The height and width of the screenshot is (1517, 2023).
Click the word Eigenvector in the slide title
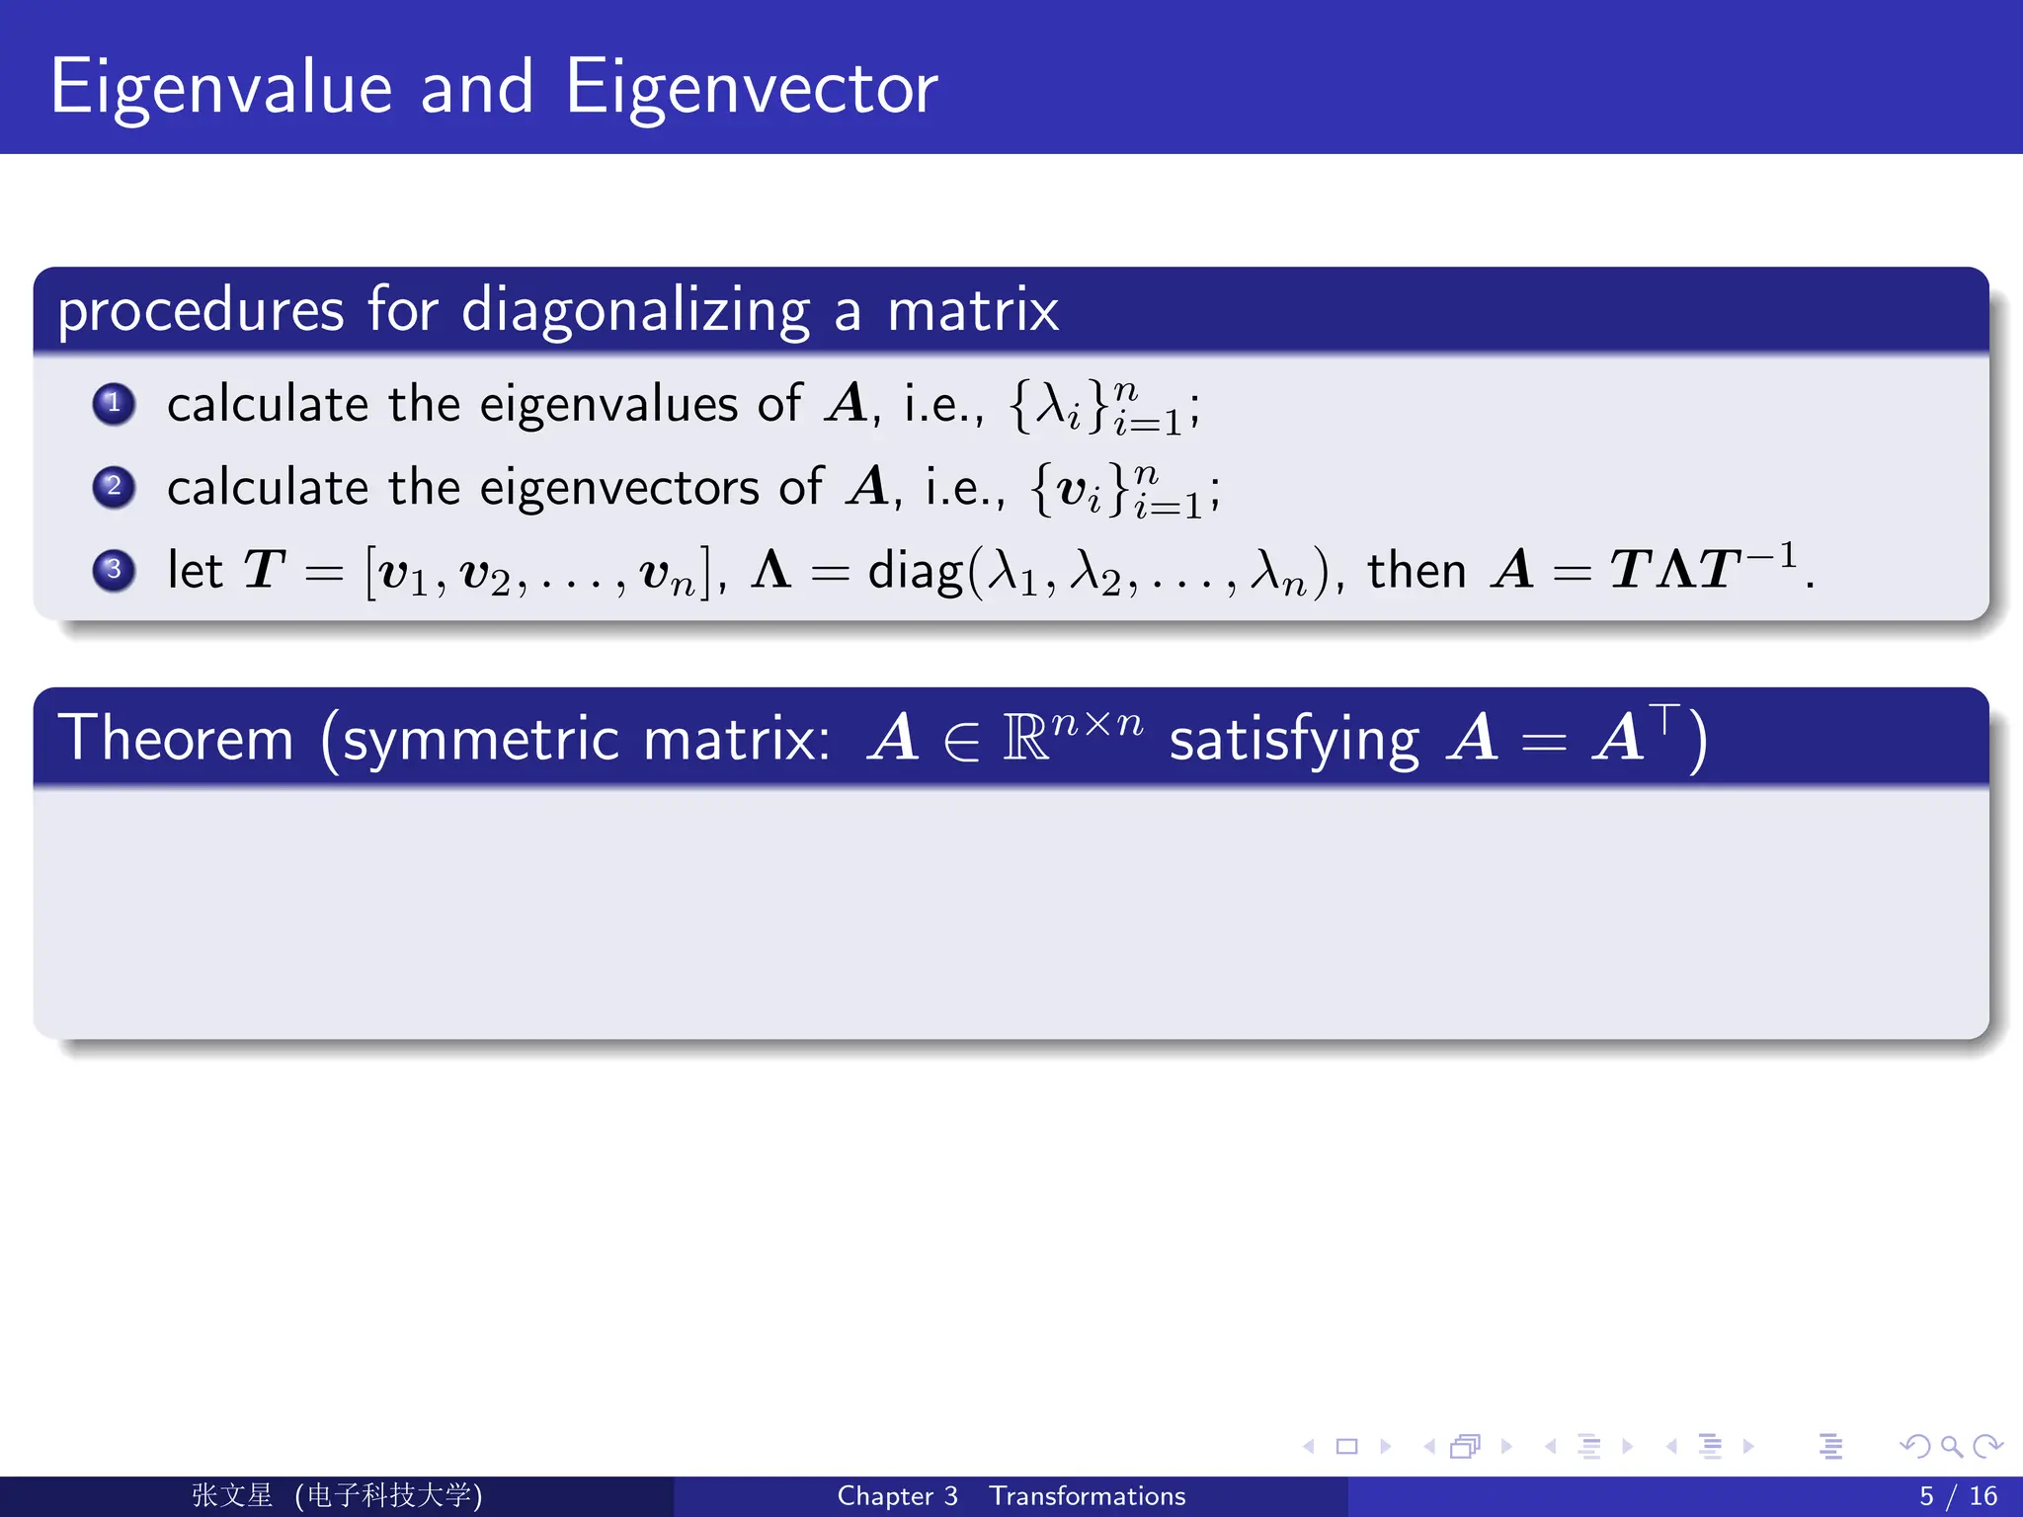coord(751,89)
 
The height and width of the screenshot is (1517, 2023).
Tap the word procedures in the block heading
coord(201,311)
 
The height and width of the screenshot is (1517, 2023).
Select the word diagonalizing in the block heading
coord(635,311)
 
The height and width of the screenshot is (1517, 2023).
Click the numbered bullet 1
coord(114,403)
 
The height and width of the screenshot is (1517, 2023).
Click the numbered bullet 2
coord(114,486)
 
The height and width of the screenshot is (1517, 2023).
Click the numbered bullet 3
coord(114,570)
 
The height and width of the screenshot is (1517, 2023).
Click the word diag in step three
coord(914,573)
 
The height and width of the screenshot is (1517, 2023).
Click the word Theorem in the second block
coord(176,738)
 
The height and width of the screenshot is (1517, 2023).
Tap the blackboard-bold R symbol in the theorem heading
coord(1025,739)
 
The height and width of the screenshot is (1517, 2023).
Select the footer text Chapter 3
coord(897,1496)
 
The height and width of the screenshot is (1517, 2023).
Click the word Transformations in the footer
coord(1087,1496)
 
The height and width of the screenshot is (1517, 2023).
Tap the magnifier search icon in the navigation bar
coord(1951,1447)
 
